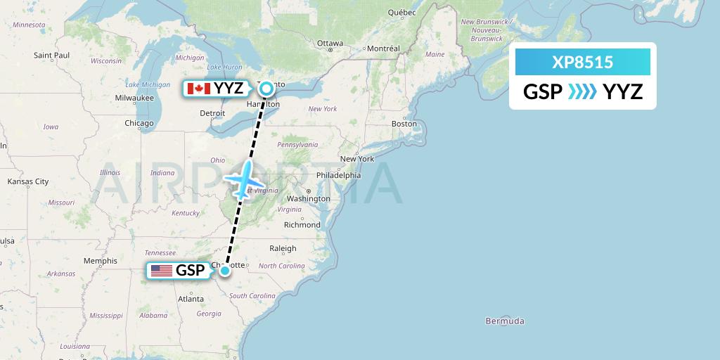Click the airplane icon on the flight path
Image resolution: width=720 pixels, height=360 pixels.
click(x=244, y=179)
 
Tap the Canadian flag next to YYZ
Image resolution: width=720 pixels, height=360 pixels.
click(x=198, y=89)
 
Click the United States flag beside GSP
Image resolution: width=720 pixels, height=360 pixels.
click(x=161, y=271)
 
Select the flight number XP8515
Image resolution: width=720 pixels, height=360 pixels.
click(x=582, y=63)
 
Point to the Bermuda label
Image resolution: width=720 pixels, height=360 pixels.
click(x=505, y=321)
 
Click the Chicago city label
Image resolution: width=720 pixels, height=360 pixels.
click(x=139, y=123)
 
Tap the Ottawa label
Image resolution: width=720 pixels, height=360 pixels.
click(x=330, y=44)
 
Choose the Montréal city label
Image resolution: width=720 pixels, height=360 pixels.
click(x=383, y=49)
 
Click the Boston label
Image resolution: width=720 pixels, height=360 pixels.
click(x=404, y=124)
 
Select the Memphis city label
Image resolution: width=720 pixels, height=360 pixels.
click(x=100, y=261)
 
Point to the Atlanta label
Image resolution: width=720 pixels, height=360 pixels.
click(x=191, y=299)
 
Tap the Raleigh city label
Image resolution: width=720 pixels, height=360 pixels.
click(x=283, y=248)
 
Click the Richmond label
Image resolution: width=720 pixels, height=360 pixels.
click(x=302, y=225)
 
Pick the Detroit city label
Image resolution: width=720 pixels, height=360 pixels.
click(x=212, y=112)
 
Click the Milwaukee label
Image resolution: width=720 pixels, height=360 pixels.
click(x=135, y=98)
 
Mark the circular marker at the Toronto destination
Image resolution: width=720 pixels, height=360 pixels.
click(x=266, y=89)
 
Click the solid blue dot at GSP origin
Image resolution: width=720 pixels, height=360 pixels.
click(x=224, y=271)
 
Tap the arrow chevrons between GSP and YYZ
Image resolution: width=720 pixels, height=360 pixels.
click(x=582, y=91)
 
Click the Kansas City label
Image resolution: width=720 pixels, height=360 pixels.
click(x=28, y=181)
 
